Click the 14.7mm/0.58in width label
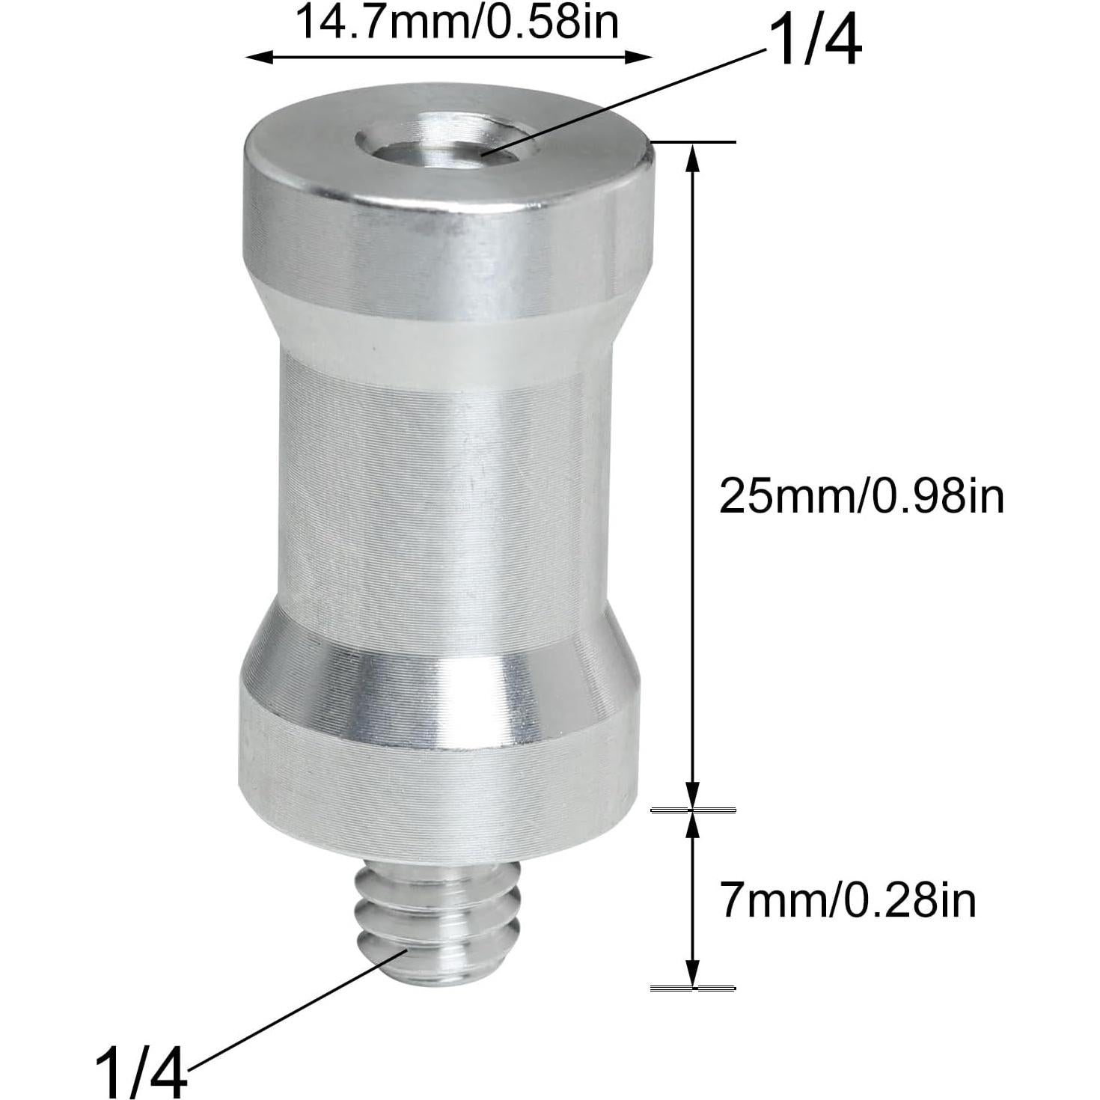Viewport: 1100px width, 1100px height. [x=458, y=22]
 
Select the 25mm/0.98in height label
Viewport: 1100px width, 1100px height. [x=861, y=496]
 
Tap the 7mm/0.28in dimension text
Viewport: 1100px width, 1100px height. [x=848, y=901]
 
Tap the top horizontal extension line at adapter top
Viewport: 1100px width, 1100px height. [x=696, y=141]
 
